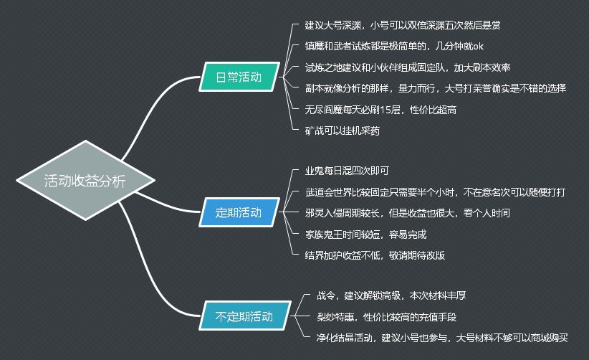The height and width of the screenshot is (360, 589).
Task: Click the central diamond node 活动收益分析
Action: [85, 181]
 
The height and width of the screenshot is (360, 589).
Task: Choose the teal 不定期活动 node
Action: [243, 316]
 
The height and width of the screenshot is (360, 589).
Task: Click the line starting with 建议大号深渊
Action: [403, 25]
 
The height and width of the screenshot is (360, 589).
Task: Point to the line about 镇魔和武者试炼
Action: [394, 47]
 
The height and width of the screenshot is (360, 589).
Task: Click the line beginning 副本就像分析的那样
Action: [436, 88]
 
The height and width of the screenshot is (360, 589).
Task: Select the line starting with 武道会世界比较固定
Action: [436, 192]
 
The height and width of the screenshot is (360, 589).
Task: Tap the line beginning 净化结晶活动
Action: [442, 337]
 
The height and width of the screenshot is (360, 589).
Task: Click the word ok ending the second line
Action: [477, 47]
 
